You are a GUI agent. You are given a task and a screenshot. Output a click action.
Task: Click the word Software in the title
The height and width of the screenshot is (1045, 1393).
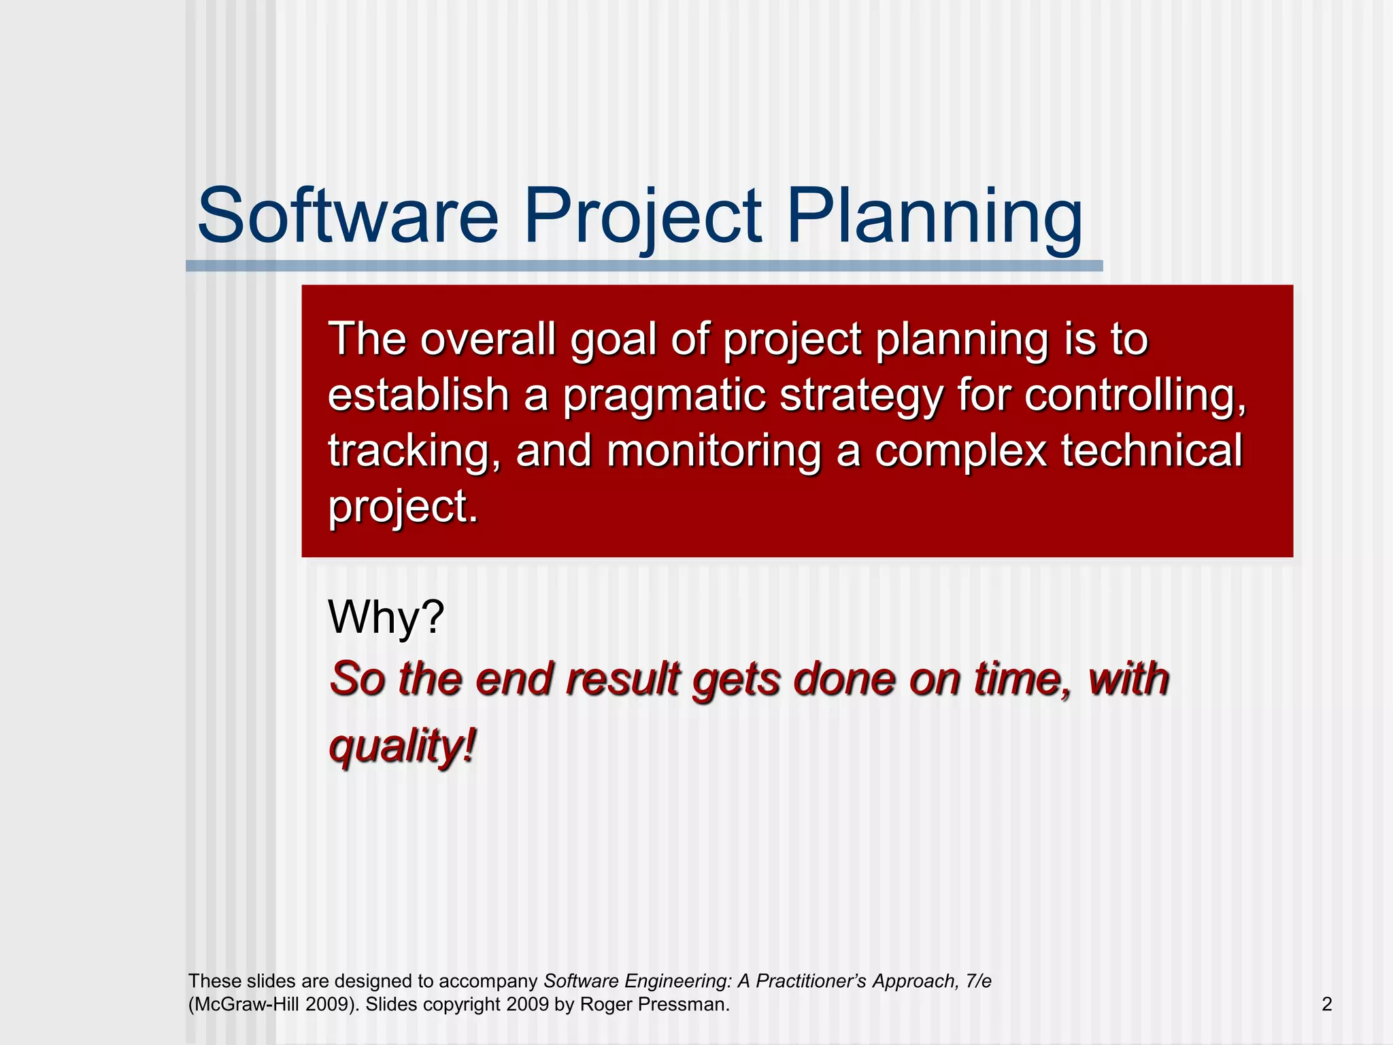[348, 216]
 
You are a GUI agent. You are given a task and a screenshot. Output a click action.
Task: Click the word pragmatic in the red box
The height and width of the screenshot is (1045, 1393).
[664, 396]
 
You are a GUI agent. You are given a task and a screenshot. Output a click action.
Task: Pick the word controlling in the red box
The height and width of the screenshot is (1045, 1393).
[1135, 395]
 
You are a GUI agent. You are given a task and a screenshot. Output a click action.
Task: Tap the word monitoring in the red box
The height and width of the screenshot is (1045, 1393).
[714, 452]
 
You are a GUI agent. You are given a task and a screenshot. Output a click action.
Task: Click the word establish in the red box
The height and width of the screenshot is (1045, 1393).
[418, 395]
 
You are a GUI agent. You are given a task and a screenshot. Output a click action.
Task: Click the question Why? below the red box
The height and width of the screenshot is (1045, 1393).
[386, 617]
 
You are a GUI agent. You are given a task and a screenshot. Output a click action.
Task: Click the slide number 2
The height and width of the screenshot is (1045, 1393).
[1326, 1004]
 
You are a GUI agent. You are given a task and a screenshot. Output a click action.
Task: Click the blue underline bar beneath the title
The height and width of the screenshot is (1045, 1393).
[643, 266]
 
